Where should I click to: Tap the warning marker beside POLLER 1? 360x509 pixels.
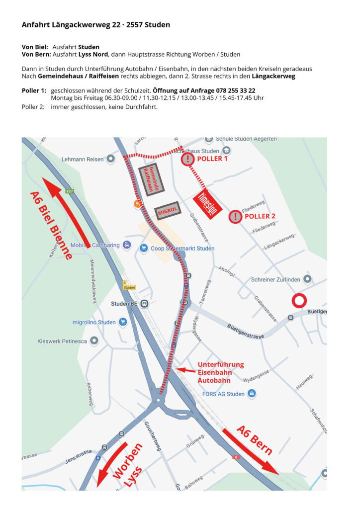point(187,159)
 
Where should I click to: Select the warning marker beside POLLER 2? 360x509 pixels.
point(235,216)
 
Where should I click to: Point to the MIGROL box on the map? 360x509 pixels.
point(168,211)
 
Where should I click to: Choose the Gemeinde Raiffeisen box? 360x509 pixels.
point(148,179)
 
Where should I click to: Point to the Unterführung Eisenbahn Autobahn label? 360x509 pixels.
point(220,372)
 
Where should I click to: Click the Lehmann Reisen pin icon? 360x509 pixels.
point(110,159)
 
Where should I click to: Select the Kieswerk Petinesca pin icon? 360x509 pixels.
point(94,341)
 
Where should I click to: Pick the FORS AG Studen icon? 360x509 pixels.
point(252,394)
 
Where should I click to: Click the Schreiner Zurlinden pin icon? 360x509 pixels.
point(308,279)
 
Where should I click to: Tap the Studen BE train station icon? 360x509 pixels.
point(144,304)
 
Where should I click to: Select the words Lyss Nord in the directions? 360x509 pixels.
point(90,54)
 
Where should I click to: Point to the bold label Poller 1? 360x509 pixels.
point(34,90)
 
